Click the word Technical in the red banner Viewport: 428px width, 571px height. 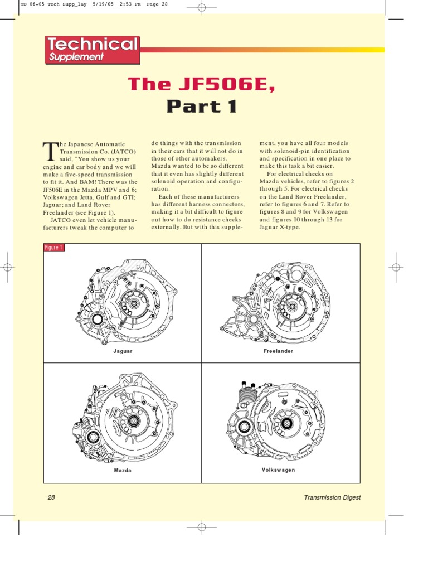click(x=92, y=45)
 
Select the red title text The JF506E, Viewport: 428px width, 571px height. click(x=202, y=84)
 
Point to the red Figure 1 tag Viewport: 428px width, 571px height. click(x=54, y=248)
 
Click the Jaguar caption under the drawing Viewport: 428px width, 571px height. click(x=123, y=351)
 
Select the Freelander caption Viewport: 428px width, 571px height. click(x=279, y=351)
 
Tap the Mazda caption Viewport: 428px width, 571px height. click(x=123, y=471)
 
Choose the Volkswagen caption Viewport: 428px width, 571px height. click(x=279, y=470)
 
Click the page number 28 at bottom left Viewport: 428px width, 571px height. click(x=51, y=497)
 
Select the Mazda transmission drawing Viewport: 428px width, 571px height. click(x=123, y=418)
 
